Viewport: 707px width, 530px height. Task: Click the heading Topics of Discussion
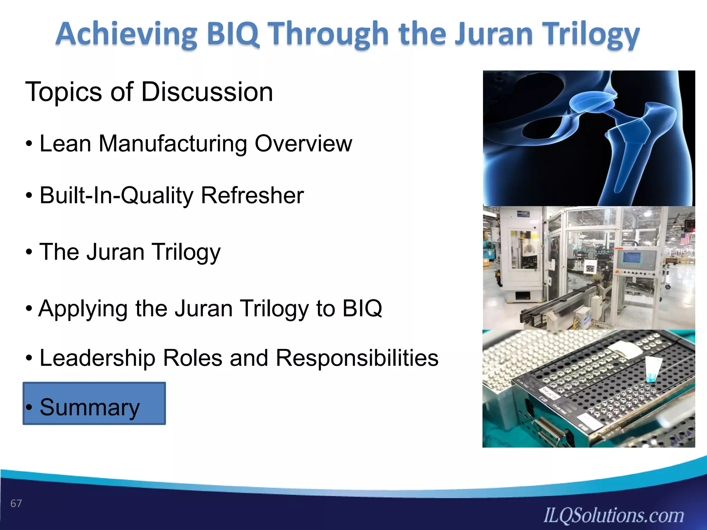coord(149,92)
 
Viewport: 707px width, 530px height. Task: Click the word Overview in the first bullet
coord(303,144)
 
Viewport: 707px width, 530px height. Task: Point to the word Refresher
coord(252,196)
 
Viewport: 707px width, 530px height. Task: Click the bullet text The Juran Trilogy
coord(130,252)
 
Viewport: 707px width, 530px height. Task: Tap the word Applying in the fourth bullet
coord(83,308)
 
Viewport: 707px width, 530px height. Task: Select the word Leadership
coord(97,358)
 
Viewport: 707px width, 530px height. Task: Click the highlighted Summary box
coord(94,403)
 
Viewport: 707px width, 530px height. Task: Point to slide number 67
coord(16,503)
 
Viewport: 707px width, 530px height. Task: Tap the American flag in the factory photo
coord(685,238)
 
